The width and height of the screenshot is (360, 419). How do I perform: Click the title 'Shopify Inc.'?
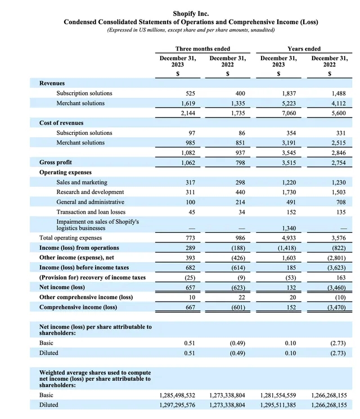tap(191, 12)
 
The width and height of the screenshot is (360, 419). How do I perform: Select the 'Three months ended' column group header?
tap(202, 49)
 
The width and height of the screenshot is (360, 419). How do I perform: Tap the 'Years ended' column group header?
tap(304, 49)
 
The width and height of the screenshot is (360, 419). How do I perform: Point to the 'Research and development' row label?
tap(90, 192)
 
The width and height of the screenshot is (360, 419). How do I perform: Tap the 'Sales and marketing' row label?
tap(82, 182)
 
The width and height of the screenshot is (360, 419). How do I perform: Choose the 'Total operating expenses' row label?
tap(71, 238)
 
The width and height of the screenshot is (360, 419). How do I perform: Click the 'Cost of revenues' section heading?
tap(61, 123)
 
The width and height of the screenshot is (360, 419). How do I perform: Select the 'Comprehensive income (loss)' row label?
tap(78, 307)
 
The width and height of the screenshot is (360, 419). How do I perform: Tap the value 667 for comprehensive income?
tap(190, 307)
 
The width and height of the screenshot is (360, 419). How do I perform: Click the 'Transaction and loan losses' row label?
tap(91, 211)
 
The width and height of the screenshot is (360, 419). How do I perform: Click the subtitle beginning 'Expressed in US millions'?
tap(191, 30)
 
